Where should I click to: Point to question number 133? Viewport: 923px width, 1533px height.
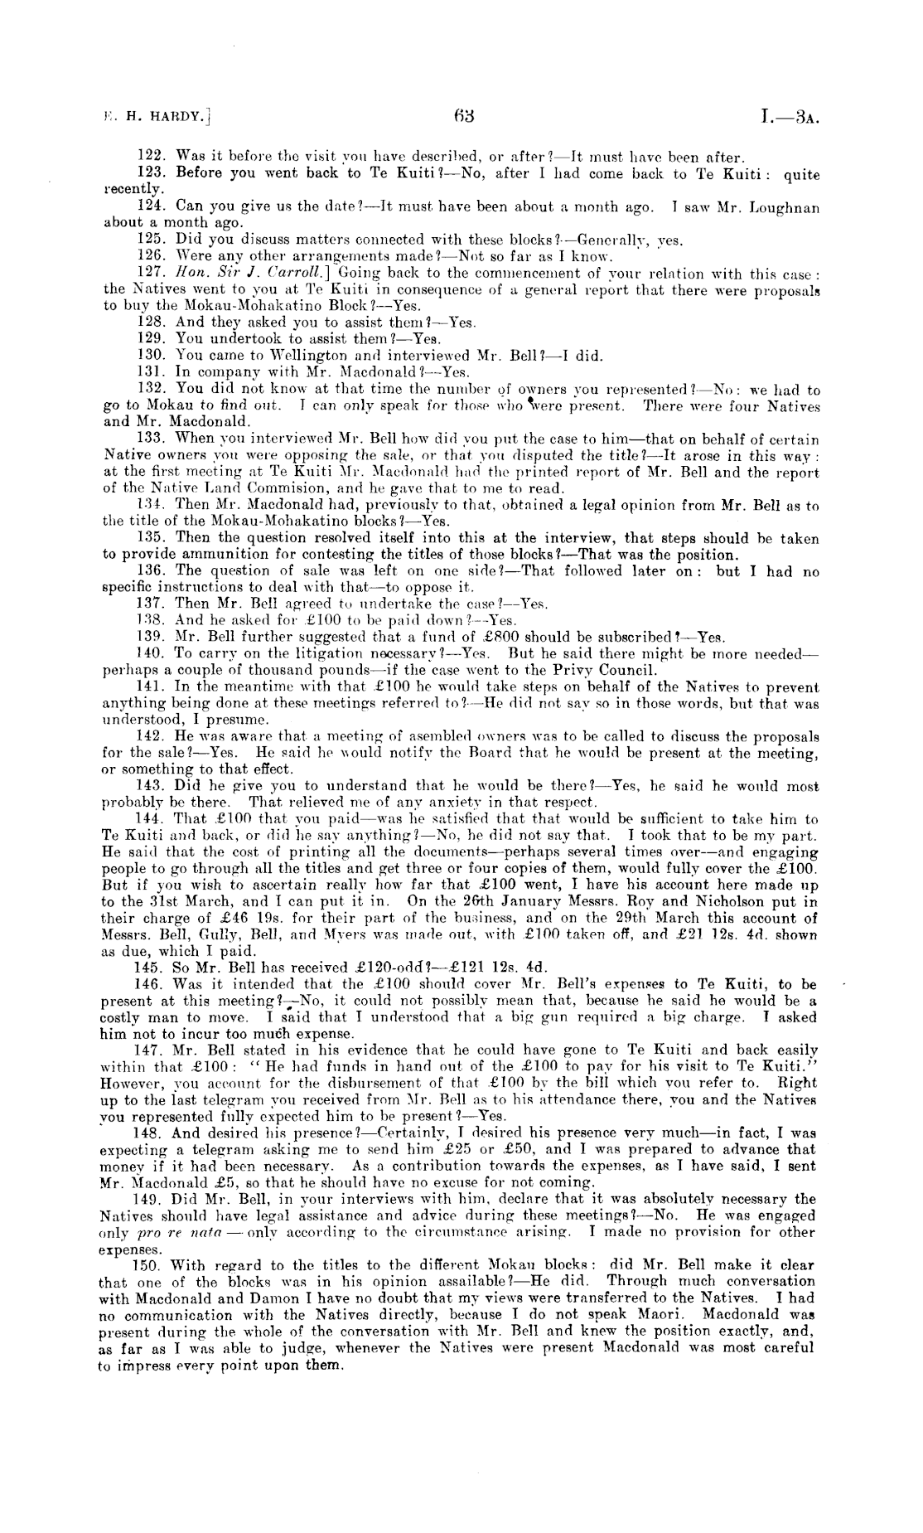[148, 439]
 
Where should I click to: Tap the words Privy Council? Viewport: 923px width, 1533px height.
[616, 670]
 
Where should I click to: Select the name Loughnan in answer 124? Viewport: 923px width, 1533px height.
[785, 208]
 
